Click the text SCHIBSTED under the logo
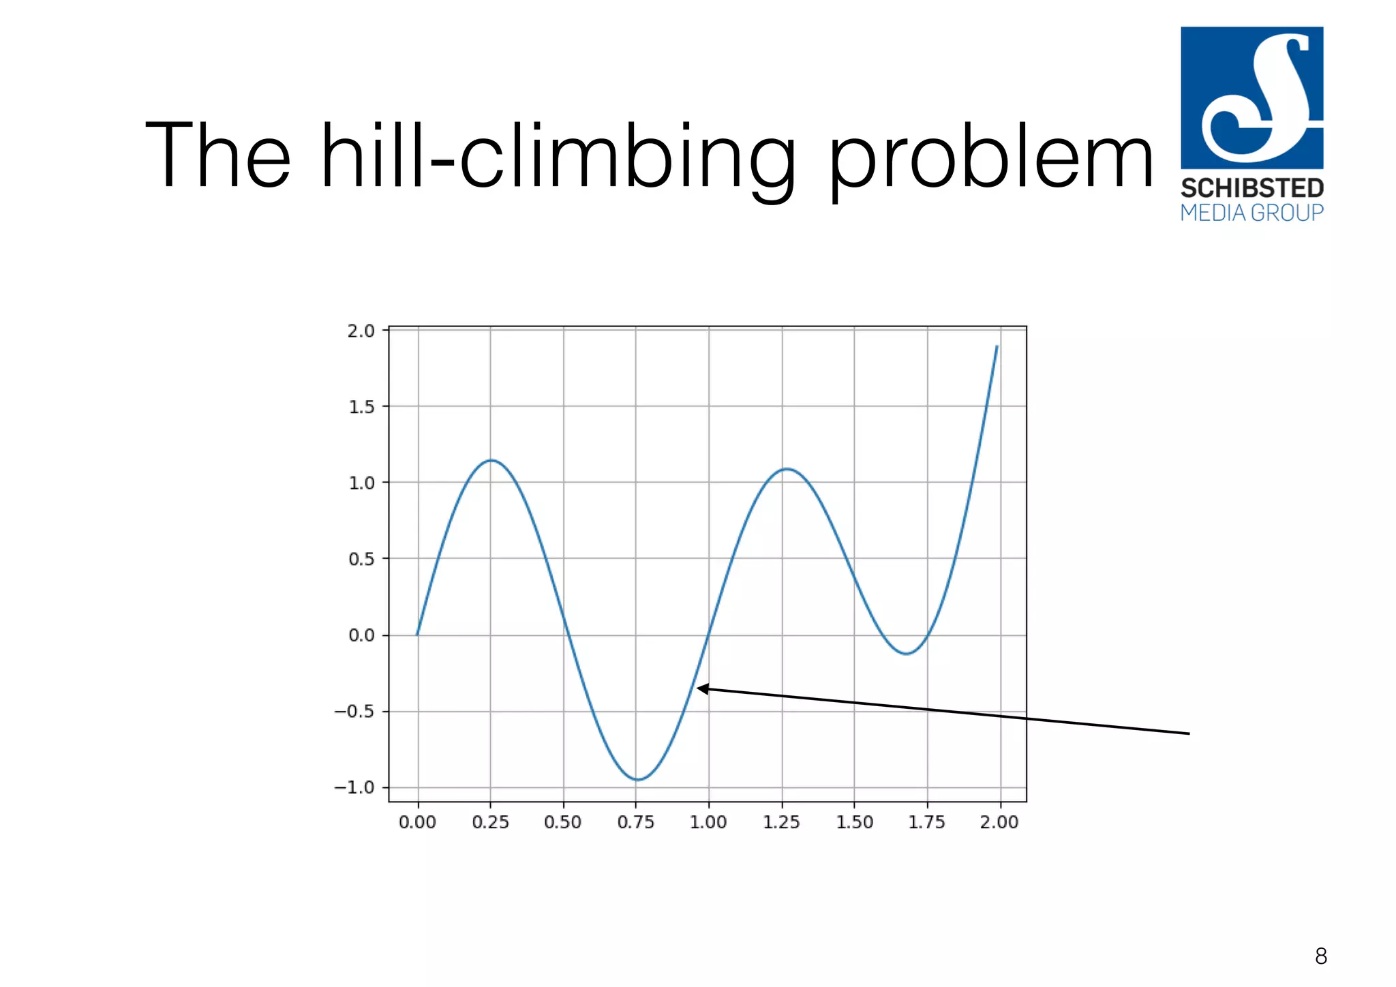pos(1251,188)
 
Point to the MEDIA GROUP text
pos(1251,213)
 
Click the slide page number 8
pos(1320,956)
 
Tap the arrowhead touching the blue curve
pos(702,688)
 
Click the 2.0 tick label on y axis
pos(361,331)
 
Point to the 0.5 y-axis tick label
pos(361,559)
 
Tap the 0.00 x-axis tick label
pos(417,822)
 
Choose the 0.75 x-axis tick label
pos(635,822)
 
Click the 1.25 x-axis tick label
pos(781,822)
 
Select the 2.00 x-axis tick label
pos(999,822)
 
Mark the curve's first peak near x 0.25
pos(491,460)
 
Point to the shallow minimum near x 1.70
pos(906,654)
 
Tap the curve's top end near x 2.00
pos(997,346)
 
